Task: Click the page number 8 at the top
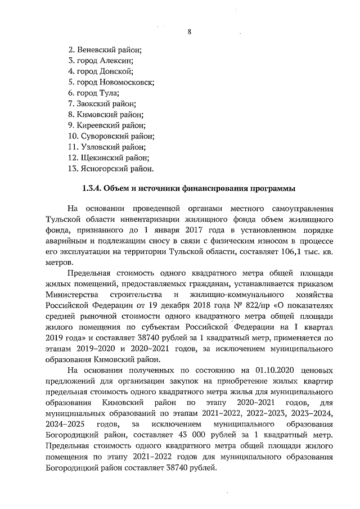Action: pyautogui.click(x=190, y=31)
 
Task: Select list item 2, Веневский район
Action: pyautogui.click(x=105, y=49)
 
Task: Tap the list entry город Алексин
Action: pyautogui.click(x=100, y=60)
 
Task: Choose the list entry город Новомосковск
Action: pyautogui.click(x=111, y=82)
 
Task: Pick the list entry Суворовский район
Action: pyautogui.click(x=111, y=136)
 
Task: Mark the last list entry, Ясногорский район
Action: pyautogui.click(x=110, y=168)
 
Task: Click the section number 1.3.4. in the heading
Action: pyautogui.click(x=92, y=189)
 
